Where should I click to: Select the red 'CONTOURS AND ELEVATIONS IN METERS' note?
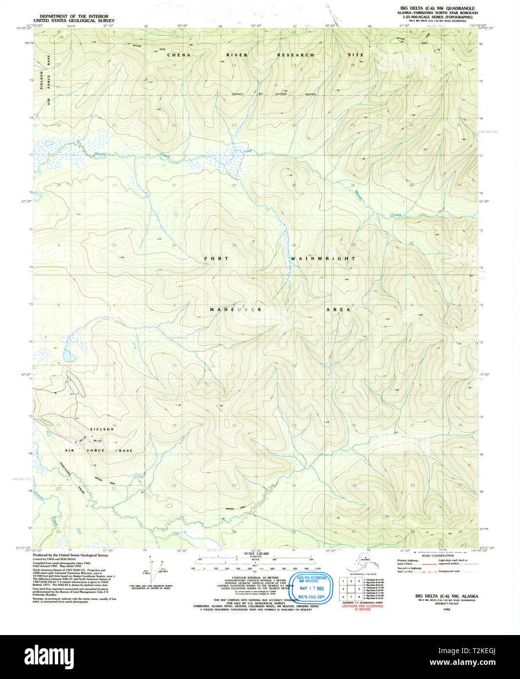[362, 608]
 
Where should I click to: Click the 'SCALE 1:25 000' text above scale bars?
[256, 554]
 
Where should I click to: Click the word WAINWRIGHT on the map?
[323, 258]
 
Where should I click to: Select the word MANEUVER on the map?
[236, 310]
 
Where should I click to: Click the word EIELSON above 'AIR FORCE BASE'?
[101, 429]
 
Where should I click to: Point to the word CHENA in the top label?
[179, 55]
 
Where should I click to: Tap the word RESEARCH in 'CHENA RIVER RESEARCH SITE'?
[296, 55]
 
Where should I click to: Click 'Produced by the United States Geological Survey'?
[70, 555]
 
